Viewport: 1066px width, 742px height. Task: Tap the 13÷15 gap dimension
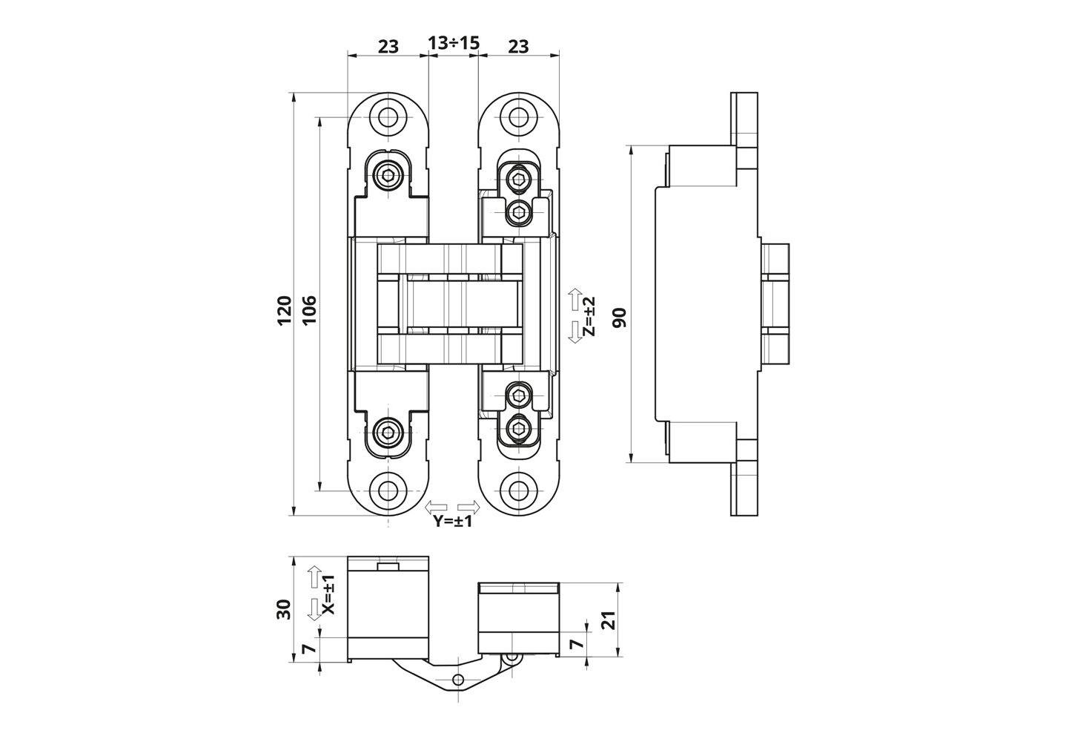(454, 45)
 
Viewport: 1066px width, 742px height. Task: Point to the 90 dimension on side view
(620, 317)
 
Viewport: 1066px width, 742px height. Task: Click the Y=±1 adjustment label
(453, 521)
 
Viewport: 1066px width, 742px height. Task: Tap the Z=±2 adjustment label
(589, 317)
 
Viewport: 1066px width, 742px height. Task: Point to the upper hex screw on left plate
(388, 176)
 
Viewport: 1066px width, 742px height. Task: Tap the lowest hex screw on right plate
(518, 427)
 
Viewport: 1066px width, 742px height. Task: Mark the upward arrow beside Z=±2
(575, 300)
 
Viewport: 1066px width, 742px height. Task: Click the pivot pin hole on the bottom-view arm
(458, 680)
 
